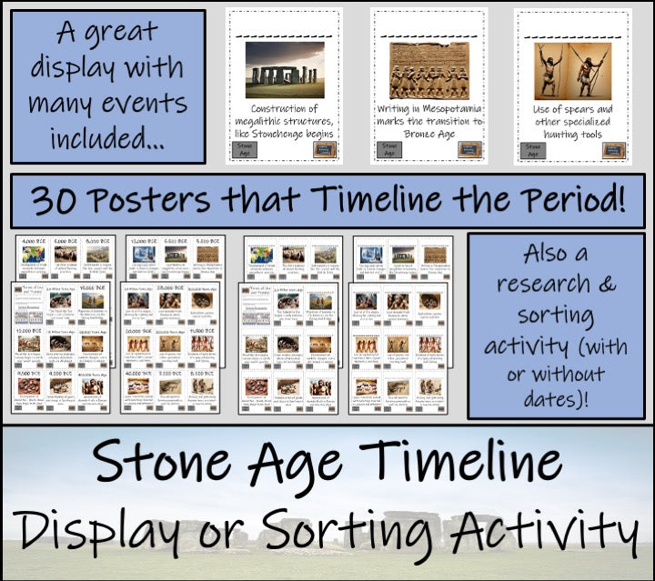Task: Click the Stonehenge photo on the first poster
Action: (285, 70)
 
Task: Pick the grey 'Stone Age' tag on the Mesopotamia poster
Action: (389, 150)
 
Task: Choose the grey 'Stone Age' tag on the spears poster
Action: (534, 150)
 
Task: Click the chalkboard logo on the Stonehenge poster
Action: (324, 150)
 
